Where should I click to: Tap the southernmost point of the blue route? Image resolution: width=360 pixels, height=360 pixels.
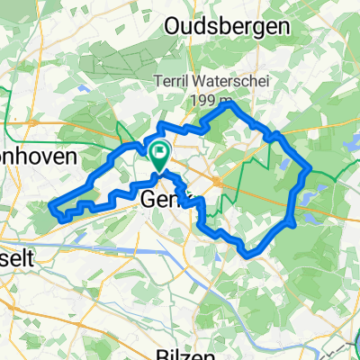pyautogui.click(x=247, y=256)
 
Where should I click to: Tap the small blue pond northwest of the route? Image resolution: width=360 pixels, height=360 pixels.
pyautogui.click(x=83, y=88)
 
